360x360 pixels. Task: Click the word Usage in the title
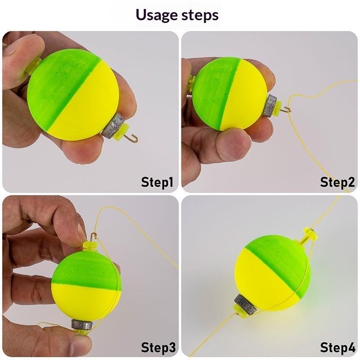pyautogui.click(x=157, y=15)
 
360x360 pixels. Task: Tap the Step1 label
pyautogui.click(x=157, y=182)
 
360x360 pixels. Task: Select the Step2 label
pyautogui.click(x=337, y=182)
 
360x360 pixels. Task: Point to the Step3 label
pyautogui.click(x=158, y=347)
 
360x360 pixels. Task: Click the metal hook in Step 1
pyautogui.click(x=132, y=138)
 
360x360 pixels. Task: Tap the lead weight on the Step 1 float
pyautogui.click(x=113, y=125)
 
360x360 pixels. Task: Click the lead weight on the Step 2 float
pyautogui.click(x=270, y=106)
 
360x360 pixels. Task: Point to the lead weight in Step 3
pyautogui.click(x=82, y=324)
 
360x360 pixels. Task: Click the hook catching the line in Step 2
pyautogui.click(x=287, y=109)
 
